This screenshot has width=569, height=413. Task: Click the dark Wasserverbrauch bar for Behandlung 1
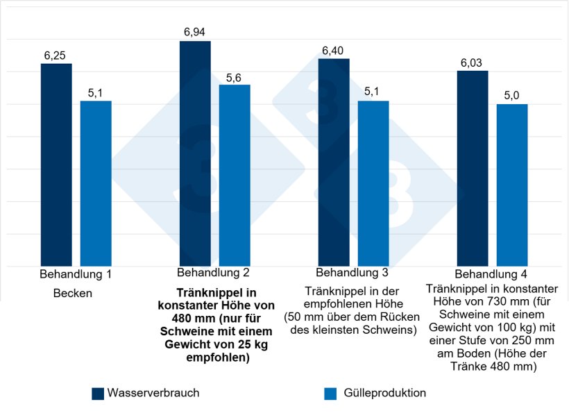pos(56,165)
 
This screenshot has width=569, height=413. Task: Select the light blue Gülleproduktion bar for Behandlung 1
pos(96,184)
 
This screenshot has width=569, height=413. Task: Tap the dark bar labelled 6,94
pos(195,153)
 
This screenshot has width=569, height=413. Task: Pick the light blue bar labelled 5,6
pos(235,176)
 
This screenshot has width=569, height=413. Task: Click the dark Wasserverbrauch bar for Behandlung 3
pos(334,162)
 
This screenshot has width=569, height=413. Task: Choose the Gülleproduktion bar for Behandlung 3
pos(373,184)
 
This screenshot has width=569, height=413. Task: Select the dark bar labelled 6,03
pos(473,169)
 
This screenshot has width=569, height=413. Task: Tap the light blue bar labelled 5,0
pos(512,185)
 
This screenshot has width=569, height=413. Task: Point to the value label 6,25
pos(56,55)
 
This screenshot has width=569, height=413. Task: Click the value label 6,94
pos(195,33)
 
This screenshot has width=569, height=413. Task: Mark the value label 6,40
pos(334,51)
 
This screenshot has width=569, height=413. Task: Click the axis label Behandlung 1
pos(76,275)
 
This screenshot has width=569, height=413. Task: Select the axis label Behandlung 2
pos(214,272)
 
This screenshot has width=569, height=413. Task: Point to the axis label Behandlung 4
pos(491,274)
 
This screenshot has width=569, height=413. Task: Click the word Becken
pos(72,294)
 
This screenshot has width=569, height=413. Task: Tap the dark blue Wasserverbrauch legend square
pos(98,394)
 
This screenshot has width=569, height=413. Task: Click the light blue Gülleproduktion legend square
pos(330,394)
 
